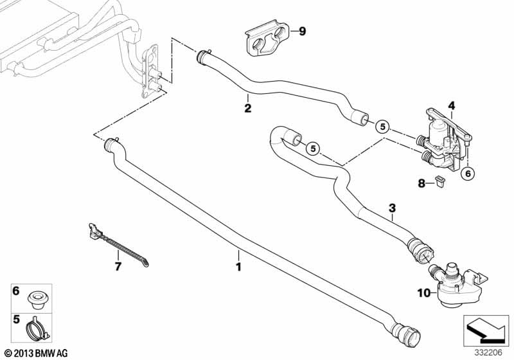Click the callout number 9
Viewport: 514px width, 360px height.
303,30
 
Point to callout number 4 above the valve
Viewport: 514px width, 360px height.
451,105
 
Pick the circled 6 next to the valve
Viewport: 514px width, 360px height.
468,172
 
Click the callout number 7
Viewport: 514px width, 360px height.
118,265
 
